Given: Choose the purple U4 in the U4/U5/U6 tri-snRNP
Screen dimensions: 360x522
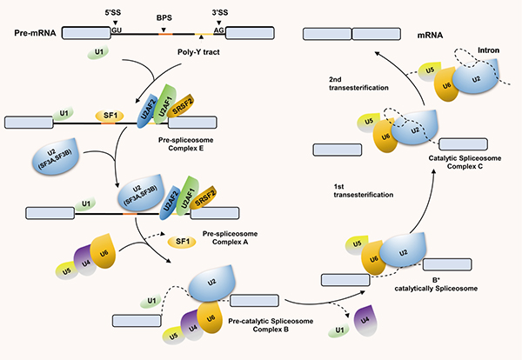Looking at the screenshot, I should (x=84, y=259).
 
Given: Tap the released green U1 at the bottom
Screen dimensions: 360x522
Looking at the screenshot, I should (x=338, y=332).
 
